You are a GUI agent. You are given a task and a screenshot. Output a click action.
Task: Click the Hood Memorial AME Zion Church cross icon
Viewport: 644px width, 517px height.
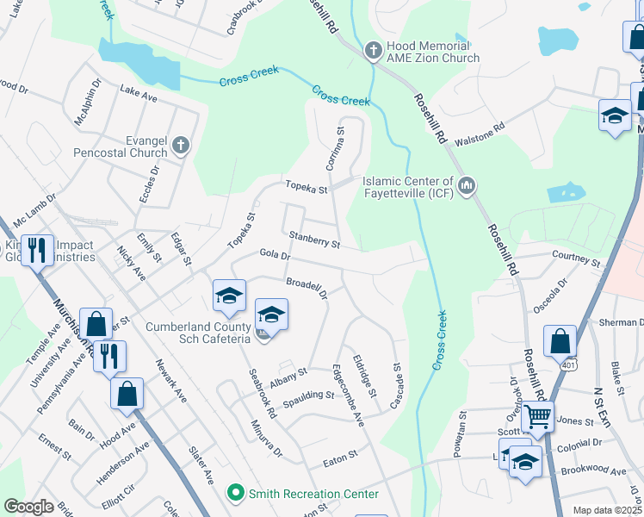click(374, 51)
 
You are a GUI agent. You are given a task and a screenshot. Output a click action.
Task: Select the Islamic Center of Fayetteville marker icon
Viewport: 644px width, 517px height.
click(467, 185)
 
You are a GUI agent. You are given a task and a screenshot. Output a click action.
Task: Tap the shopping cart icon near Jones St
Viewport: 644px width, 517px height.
click(538, 418)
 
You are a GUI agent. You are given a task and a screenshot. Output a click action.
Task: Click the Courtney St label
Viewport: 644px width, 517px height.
click(576, 258)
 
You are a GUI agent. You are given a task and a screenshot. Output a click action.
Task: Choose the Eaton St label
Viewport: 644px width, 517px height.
click(340, 454)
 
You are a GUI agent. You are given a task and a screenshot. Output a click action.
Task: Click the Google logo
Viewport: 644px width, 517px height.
click(29, 507)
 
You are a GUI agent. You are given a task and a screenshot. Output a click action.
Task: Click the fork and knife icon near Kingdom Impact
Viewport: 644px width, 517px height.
click(37, 251)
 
